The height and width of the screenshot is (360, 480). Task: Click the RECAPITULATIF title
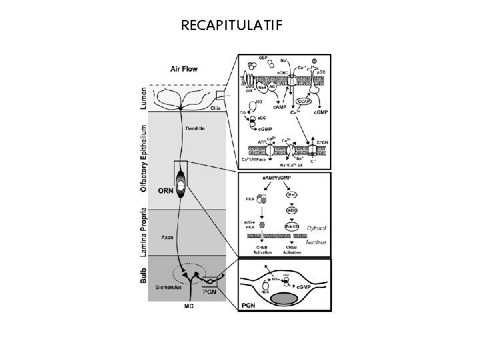[231, 26]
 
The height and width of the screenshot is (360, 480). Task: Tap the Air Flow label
[183, 68]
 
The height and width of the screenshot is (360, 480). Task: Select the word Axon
[167, 236]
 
